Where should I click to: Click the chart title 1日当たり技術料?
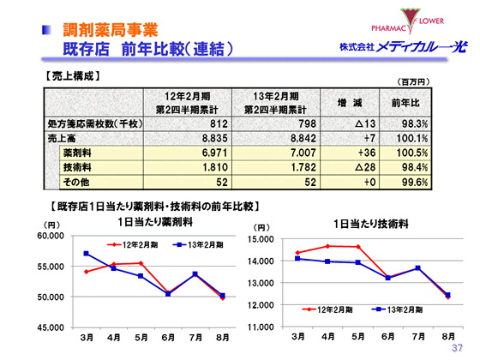click(364, 223)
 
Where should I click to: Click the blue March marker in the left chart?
click(86, 254)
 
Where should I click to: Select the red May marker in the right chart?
click(358, 247)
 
